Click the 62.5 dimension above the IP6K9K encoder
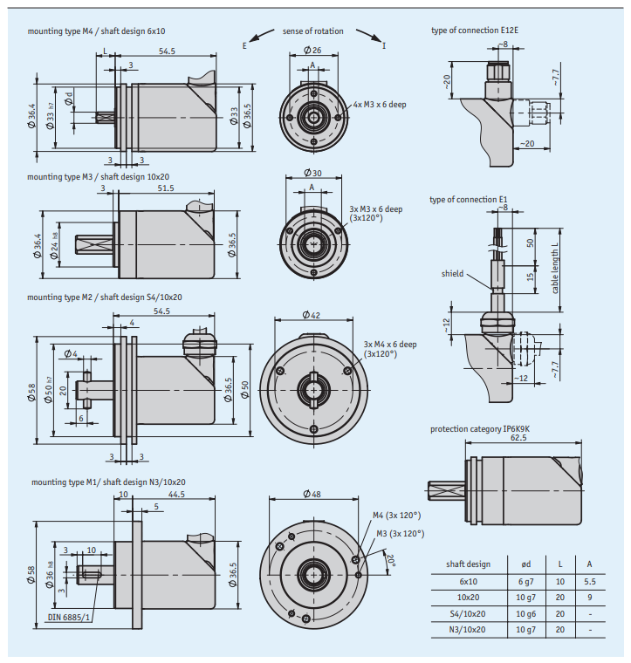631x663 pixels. [518, 437]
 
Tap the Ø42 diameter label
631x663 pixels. [312, 315]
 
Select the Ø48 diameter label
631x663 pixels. [312, 494]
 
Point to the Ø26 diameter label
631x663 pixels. [312, 50]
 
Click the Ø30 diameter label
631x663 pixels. [312, 173]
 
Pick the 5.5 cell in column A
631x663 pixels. [590, 581]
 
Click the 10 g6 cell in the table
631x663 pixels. [525, 613]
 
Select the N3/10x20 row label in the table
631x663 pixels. [467, 630]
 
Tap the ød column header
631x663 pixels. [525, 564]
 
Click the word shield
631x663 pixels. [452, 274]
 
